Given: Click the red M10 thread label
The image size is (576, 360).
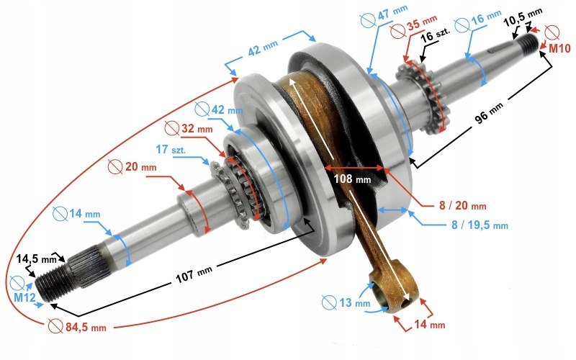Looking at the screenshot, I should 559,48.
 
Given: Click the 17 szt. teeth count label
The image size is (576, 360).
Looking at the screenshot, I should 174,149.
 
